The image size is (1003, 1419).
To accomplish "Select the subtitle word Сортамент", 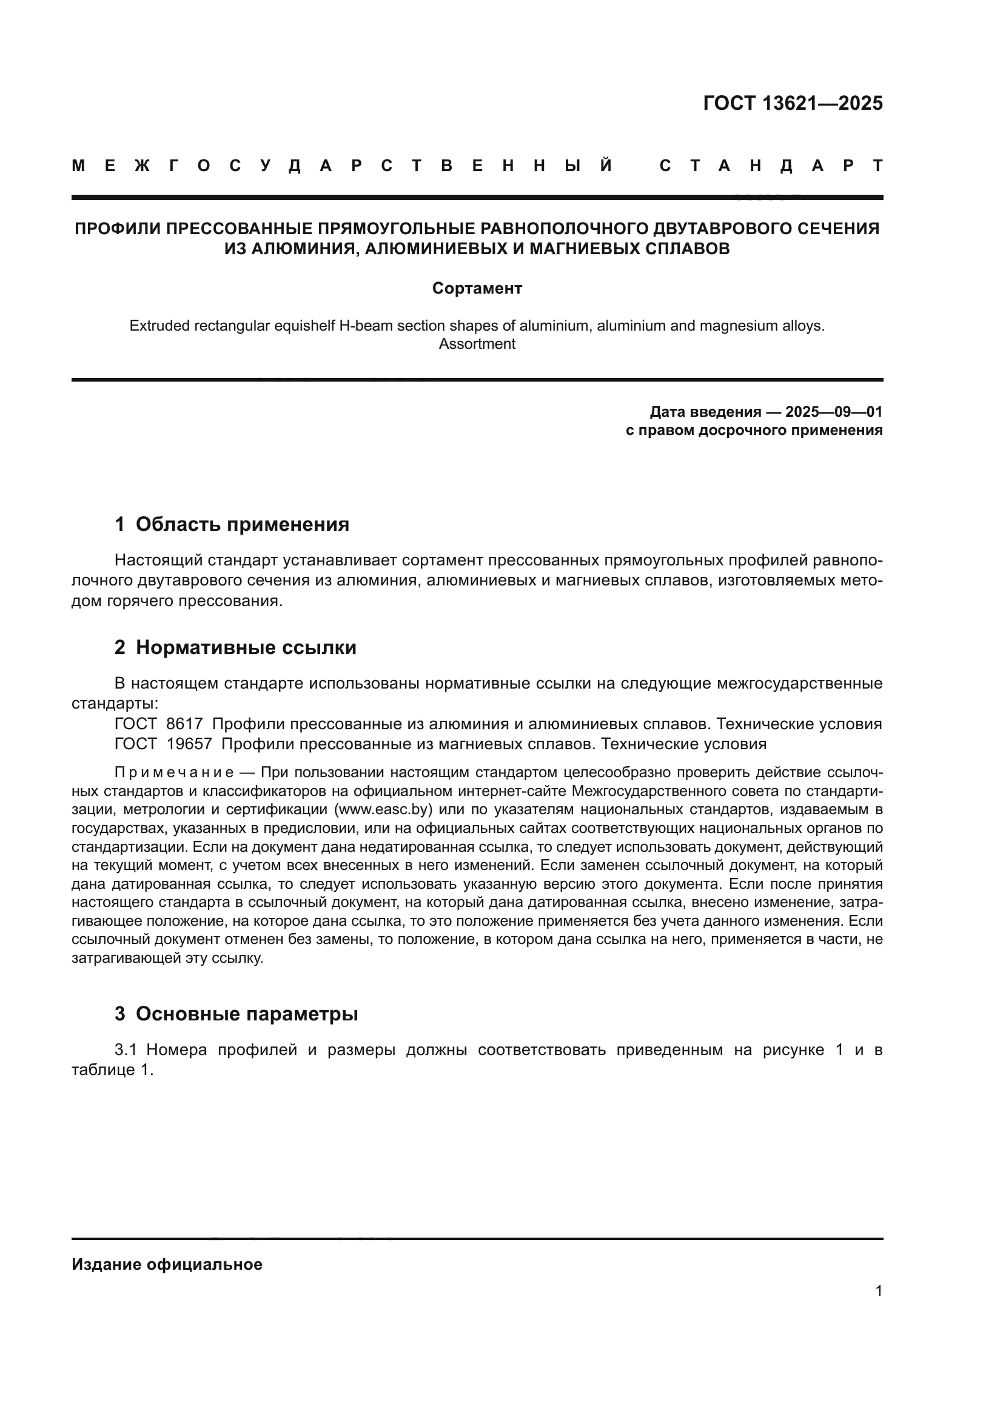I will click(x=477, y=289).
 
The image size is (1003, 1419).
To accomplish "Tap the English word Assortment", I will click(x=477, y=344).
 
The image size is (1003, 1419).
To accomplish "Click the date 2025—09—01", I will click(x=834, y=411).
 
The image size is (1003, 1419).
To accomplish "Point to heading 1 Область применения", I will click(x=232, y=525).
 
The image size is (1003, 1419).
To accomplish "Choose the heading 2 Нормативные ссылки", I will click(x=235, y=648).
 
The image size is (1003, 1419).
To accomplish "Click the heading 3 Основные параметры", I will click(x=236, y=1014).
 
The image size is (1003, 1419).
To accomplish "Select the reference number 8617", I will click(x=185, y=724).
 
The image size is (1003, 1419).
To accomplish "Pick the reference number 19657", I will click(x=189, y=744).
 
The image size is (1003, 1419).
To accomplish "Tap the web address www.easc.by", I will click(x=383, y=811).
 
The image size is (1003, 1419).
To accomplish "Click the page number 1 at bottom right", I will click(x=878, y=1291).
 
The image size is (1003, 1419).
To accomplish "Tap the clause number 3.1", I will click(x=129, y=1050).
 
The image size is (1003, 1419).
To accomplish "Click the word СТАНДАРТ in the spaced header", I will click(x=771, y=166).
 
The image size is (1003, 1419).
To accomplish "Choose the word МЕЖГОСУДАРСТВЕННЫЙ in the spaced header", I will click(x=343, y=166).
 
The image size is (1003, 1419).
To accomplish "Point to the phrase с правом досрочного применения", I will click(x=754, y=430).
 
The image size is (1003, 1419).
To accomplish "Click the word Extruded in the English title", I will click(x=159, y=326).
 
